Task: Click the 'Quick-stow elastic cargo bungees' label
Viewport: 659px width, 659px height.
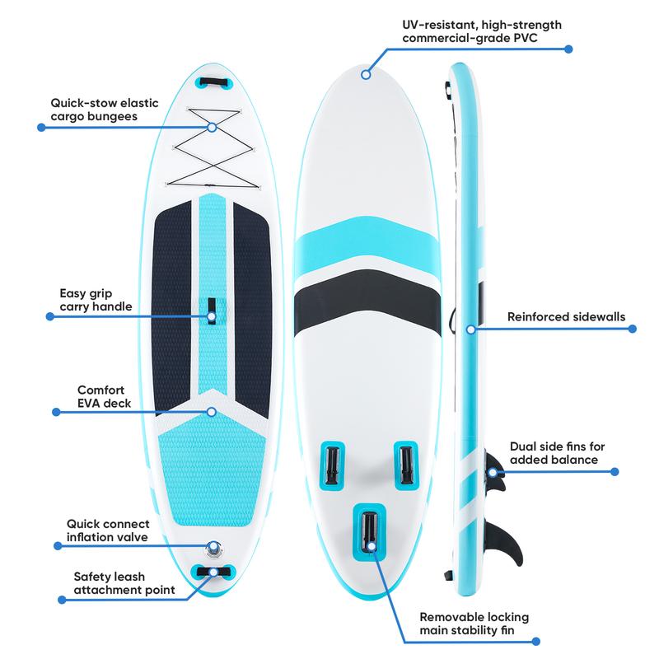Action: tap(105, 110)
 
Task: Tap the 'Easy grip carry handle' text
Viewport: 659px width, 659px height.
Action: tap(96, 300)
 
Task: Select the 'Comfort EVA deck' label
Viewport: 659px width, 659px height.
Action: tap(105, 396)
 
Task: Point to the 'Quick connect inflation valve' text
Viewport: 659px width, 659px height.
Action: tap(108, 530)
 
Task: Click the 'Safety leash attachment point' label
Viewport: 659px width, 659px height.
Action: tap(124, 583)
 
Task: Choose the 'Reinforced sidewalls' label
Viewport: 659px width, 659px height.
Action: tap(566, 316)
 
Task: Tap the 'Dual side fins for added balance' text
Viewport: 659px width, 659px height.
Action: tap(558, 452)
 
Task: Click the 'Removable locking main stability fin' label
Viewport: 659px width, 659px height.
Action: tap(474, 624)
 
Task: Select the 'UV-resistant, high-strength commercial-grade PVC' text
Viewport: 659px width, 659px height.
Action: tap(482, 31)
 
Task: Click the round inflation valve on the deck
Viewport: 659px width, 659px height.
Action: tap(214, 549)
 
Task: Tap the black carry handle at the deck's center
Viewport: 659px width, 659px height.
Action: tap(212, 311)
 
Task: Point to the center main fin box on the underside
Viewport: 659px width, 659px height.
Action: tap(369, 532)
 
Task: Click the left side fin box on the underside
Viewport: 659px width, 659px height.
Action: tap(332, 465)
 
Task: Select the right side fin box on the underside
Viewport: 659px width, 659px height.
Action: tap(406, 465)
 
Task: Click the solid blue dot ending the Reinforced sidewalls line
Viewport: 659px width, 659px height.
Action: tap(632, 329)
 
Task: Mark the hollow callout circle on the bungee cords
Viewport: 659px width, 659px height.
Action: tap(213, 127)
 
